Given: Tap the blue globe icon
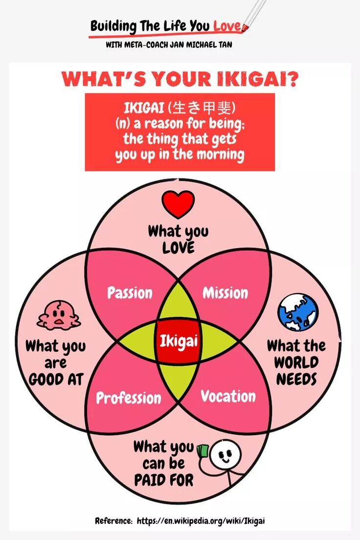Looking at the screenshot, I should pyautogui.click(x=297, y=312).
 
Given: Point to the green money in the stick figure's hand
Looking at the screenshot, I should pyautogui.click(x=202, y=450).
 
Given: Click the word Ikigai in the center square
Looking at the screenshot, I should pyautogui.click(x=179, y=340).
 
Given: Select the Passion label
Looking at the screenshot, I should pyautogui.click(x=130, y=293).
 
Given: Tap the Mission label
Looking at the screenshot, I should pyautogui.click(x=225, y=293).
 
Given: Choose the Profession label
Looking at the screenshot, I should pyautogui.click(x=128, y=398).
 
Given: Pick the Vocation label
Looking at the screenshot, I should pyautogui.click(x=228, y=396).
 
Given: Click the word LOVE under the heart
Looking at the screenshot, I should pyautogui.click(x=178, y=248).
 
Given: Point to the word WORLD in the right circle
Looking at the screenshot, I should pyautogui.click(x=296, y=362).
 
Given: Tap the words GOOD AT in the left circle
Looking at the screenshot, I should pyautogui.click(x=56, y=379).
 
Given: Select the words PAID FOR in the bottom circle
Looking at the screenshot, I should pyautogui.click(x=163, y=480).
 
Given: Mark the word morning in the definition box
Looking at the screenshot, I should pyautogui.click(x=220, y=155).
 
